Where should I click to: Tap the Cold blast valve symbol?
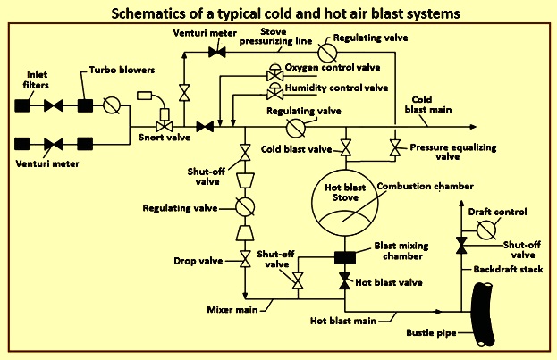coord(345,147)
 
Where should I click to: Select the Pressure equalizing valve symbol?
coord(394,146)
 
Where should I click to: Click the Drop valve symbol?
coord(244,261)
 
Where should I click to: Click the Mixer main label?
coord(235,309)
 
